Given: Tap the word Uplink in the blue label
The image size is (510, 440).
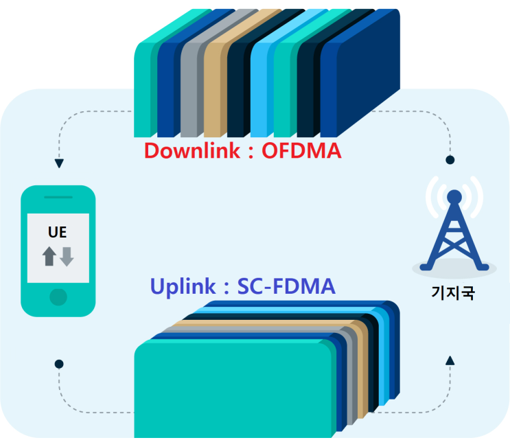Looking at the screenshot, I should (179, 286).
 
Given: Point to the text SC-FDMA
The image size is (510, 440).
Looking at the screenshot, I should (286, 286).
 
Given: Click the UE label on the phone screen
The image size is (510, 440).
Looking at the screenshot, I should (58, 231).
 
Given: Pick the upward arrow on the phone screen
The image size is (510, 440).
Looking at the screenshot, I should (49, 257).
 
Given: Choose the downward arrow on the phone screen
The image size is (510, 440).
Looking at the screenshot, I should (67, 257).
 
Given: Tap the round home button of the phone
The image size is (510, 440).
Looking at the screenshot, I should (58, 297).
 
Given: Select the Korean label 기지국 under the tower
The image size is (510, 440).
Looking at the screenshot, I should (454, 297).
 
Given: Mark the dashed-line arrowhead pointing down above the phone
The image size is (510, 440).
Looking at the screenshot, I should (59, 163).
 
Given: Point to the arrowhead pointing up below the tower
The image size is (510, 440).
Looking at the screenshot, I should (450, 360).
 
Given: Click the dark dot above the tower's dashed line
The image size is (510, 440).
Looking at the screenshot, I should (450, 160).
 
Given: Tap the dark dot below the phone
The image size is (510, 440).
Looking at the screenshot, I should (59, 363).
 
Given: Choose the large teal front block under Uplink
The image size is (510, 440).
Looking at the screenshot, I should (233, 391).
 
